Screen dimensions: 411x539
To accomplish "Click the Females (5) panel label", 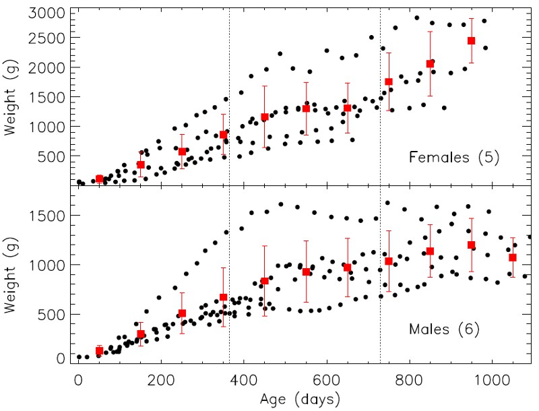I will (x=454, y=158).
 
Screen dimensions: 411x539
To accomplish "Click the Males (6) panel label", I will (x=444, y=330).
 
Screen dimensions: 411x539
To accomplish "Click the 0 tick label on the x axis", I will (x=78, y=380).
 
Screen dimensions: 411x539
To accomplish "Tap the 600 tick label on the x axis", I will (x=326, y=380).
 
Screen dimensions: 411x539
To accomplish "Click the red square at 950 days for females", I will (x=471, y=41).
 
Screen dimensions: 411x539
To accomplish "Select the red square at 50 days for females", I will (x=99, y=179).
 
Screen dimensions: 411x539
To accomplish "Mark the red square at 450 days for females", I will (x=265, y=117).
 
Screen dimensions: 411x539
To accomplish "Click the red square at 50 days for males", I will (x=99, y=350).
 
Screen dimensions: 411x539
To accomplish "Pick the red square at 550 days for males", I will (x=306, y=272).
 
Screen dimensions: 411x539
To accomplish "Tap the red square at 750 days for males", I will (x=388, y=261).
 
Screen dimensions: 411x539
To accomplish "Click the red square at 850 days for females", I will (x=430, y=64).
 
